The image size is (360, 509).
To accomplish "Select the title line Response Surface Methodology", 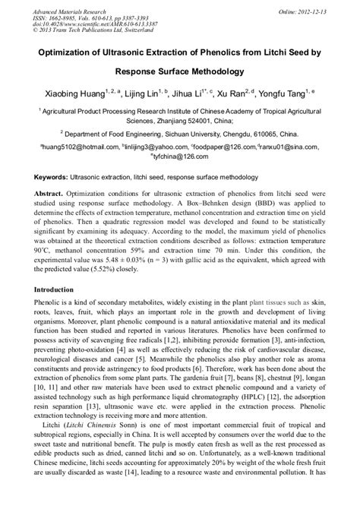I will click(180, 72).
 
